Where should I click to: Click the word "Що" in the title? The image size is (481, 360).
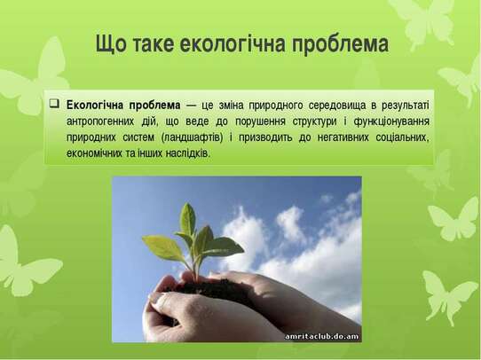click(x=111, y=44)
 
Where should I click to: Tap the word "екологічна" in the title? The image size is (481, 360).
click(x=233, y=43)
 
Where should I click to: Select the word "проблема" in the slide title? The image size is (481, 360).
click(x=340, y=44)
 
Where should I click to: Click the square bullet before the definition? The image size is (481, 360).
click(x=54, y=103)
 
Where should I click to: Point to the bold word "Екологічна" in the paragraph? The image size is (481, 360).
click(x=94, y=106)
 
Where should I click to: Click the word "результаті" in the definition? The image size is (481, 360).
click(x=406, y=106)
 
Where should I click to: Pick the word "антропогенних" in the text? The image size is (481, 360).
click(x=100, y=121)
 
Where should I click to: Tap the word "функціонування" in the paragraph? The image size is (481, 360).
click(x=391, y=121)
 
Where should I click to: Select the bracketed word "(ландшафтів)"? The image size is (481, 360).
click(x=192, y=137)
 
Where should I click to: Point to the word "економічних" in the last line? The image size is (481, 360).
click(x=94, y=153)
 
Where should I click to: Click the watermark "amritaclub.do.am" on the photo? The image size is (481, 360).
click(x=322, y=336)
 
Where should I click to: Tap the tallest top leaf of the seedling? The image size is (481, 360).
click(x=187, y=219)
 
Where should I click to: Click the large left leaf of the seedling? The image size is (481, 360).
click(x=163, y=247)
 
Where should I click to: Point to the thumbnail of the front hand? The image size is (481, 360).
click(x=158, y=299)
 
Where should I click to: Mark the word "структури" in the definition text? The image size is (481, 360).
click(x=314, y=121)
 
